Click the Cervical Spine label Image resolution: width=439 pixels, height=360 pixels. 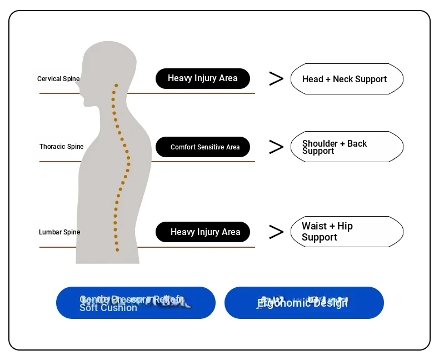[x=58, y=79]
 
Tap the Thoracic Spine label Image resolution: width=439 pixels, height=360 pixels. [x=61, y=147]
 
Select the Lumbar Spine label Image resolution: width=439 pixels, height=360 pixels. [x=59, y=232]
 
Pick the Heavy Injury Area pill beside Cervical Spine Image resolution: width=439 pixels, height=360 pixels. [x=203, y=78]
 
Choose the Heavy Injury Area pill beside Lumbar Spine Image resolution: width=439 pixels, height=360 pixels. [x=203, y=232]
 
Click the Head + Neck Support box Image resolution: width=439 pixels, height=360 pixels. [x=346, y=79]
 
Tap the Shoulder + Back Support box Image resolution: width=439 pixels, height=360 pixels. [x=346, y=147]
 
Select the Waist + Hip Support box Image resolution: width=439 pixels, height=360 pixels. [x=346, y=232]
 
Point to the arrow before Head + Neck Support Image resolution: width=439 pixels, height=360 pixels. [x=276, y=79]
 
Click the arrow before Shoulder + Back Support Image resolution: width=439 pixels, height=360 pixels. [x=276, y=147]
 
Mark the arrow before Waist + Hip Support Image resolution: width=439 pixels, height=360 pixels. [x=276, y=232]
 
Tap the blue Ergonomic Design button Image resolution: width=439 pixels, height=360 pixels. [x=304, y=303]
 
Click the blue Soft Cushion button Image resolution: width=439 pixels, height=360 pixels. [x=136, y=303]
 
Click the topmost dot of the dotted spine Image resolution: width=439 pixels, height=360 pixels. [x=116, y=86]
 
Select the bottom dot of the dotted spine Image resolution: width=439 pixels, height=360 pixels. [x=117, y=250]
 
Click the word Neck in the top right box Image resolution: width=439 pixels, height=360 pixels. [x=343, y=79]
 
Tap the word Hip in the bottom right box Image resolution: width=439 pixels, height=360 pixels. [x=345, y=226]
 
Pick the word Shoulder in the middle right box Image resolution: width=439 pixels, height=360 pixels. [x=320, y=143]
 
